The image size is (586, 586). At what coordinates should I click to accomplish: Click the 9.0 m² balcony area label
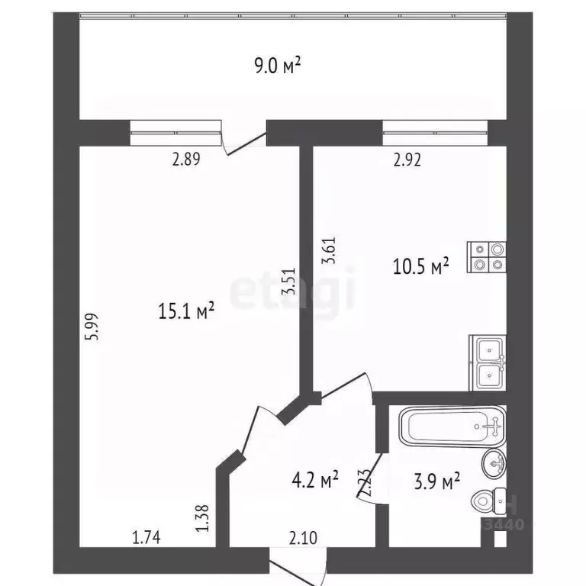click(278, 66)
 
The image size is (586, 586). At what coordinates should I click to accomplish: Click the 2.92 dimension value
click(407, 160)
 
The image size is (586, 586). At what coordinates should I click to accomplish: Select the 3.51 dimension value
click(288, 279)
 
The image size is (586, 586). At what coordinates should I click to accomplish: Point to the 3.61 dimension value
click(329, 250)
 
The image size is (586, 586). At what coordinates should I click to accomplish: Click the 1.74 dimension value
click(146, 538)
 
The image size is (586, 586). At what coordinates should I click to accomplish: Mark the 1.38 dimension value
click(203, 519)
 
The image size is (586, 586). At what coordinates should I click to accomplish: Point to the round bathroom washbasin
click(494, 461)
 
